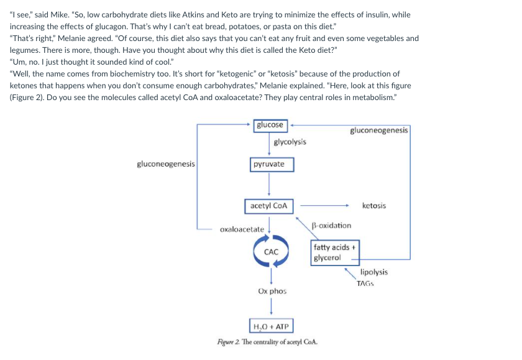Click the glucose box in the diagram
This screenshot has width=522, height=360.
point(270,125)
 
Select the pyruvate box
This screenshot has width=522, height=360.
point(268,164)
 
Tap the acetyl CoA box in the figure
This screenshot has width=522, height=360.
point(268,206)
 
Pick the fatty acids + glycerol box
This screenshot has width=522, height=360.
point(334,252)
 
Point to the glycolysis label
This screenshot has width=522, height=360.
point(290,142)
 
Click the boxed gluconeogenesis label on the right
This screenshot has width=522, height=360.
point(379,131)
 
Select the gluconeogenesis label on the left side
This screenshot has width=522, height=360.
point(166,164)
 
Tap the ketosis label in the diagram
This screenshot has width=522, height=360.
point(373,206)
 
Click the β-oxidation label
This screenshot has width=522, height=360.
point(332,225)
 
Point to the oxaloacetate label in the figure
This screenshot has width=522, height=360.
point(242,229)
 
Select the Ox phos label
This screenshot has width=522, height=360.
point(272,291)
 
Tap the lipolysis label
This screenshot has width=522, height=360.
point(374,272)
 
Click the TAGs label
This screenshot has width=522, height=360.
point(365,284)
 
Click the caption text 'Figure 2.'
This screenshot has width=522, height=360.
point(227,341)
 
